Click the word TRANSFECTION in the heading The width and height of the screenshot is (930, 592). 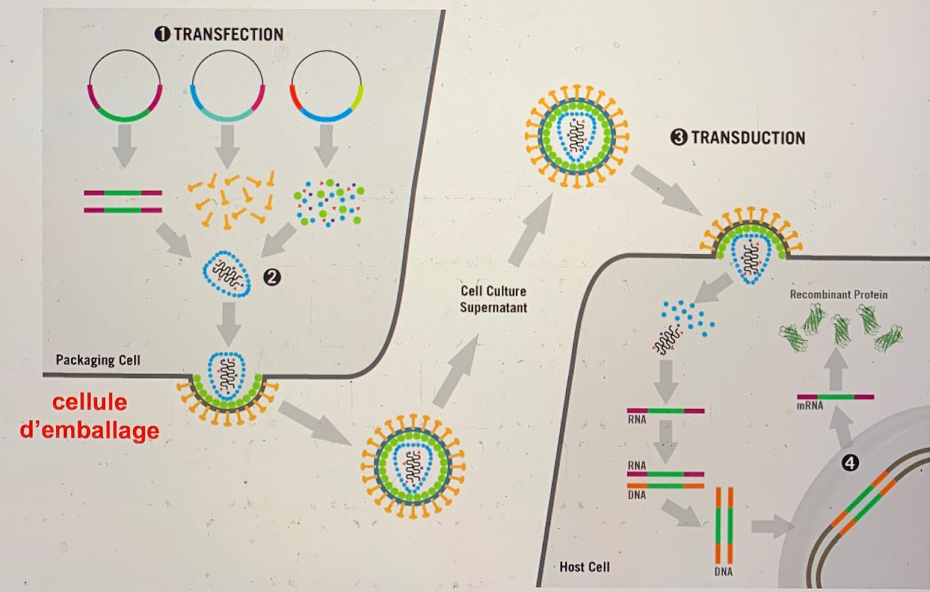(228, 34)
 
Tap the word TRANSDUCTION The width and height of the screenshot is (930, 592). (747, 138)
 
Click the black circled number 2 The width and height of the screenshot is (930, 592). (272, 278)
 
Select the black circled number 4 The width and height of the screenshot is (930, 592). (849, 462)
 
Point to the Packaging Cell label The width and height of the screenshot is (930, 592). (98, 360)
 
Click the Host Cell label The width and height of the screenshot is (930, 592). (584, 567)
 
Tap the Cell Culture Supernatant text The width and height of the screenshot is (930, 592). (494, 299)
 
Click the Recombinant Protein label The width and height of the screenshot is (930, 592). (839, 295)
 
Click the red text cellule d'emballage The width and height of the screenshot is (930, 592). (89, 418)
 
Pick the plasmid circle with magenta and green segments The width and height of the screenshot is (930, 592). (125, 86)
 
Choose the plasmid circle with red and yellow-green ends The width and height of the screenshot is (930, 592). (326, 86)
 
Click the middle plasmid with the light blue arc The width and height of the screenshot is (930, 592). (227, 86)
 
